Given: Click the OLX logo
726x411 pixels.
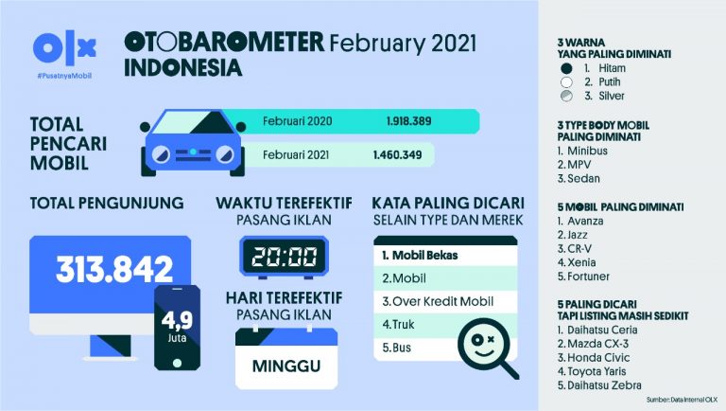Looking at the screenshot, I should [x=64, y=48].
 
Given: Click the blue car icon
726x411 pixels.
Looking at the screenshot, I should [x=191, y=145].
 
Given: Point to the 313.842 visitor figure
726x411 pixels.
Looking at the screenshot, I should [x=114, y=269].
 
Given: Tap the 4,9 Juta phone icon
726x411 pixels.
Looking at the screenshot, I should [x=177, y=326].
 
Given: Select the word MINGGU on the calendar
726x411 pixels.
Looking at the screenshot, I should [x=285, y=366].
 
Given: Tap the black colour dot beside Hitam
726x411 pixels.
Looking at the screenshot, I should [x=566, y=69].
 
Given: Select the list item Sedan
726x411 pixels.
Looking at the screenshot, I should [x=579, y=179].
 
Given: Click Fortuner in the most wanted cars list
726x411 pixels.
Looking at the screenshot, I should [x=587, y=277].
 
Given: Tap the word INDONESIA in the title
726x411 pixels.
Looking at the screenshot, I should [x=182, y=68].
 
